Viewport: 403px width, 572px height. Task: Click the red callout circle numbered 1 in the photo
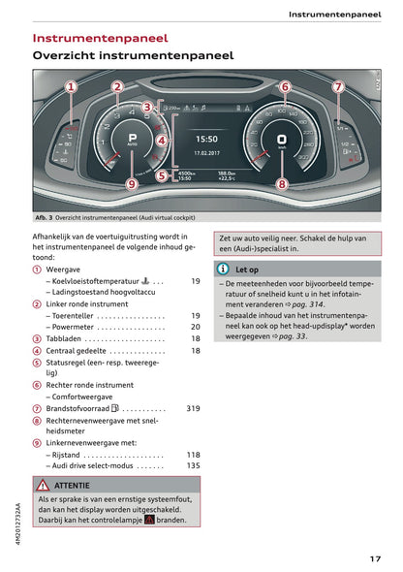[x=71, y=87]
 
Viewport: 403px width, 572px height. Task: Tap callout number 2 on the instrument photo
[x=117, y=87]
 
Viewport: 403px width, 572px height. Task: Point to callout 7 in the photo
[x=338, y=87]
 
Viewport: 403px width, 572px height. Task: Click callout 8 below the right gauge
[x=282, y=182]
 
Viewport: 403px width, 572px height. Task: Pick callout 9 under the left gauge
[x=133, y=182]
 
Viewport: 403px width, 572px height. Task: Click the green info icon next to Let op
[x=223, y=270]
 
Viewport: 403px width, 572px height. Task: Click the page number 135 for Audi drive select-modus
[x=193, y=465]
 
